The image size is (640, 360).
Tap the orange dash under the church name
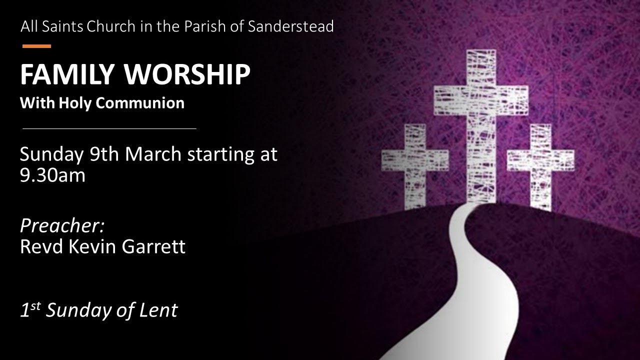coord(36,46)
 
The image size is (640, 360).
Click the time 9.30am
coord(52,175)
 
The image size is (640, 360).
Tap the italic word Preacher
coord(62,226)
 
